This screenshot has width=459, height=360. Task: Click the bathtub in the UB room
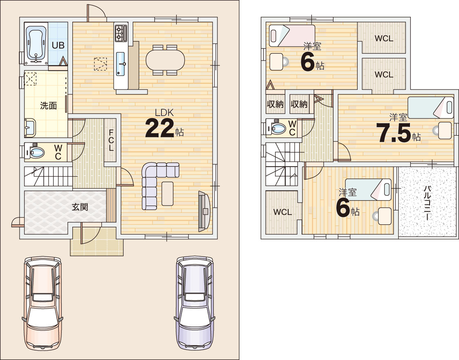point(36,44)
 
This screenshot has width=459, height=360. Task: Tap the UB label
point(58,45)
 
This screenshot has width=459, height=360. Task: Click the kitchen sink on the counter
point(121,64)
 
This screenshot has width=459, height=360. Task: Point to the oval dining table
point(165,60)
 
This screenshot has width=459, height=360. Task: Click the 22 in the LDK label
point(159,128)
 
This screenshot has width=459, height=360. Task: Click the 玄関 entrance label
point(80,207)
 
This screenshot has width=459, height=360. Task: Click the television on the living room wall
point(204,211)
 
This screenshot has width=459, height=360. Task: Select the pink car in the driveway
point(43,304)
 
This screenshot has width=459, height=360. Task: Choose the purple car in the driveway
point(195,303)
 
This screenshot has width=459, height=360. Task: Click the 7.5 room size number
point(394,133)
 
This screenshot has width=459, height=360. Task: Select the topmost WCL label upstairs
point(384,38)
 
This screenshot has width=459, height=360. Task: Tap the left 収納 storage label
point(275,104)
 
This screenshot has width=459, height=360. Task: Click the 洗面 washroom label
point(48,105)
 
